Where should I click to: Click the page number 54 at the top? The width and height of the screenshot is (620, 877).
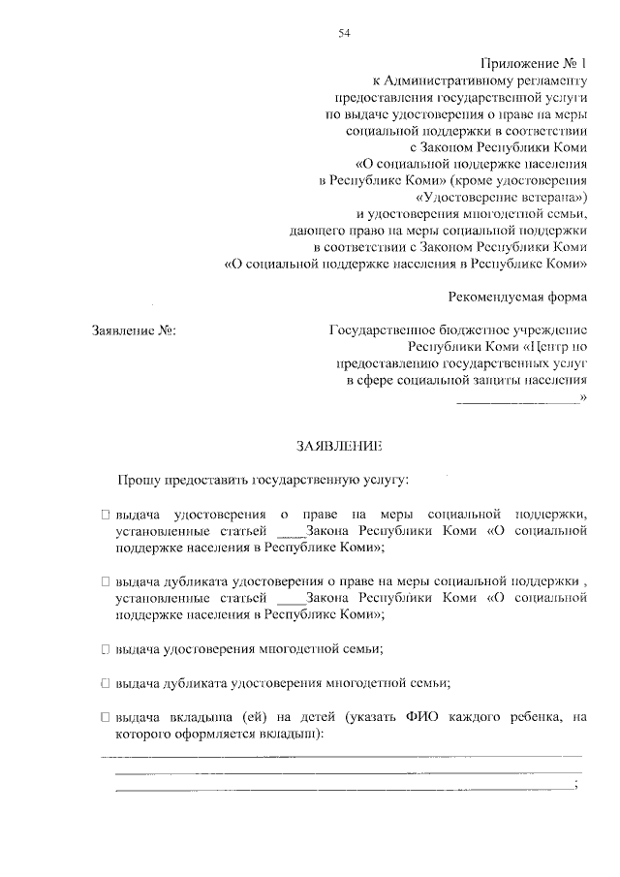pyautogui.click(x=344, y=34)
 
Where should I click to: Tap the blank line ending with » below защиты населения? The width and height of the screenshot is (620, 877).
pyautogui.click(x=516, y=397)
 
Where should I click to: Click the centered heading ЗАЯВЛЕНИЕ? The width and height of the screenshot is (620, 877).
pyautogui.click(x=339, y=446)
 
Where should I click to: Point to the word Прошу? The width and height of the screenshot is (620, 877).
pyautogui.click(x=138, y=479)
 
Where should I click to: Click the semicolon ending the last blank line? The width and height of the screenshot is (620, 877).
pyautogui.click(x=576, y=784)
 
